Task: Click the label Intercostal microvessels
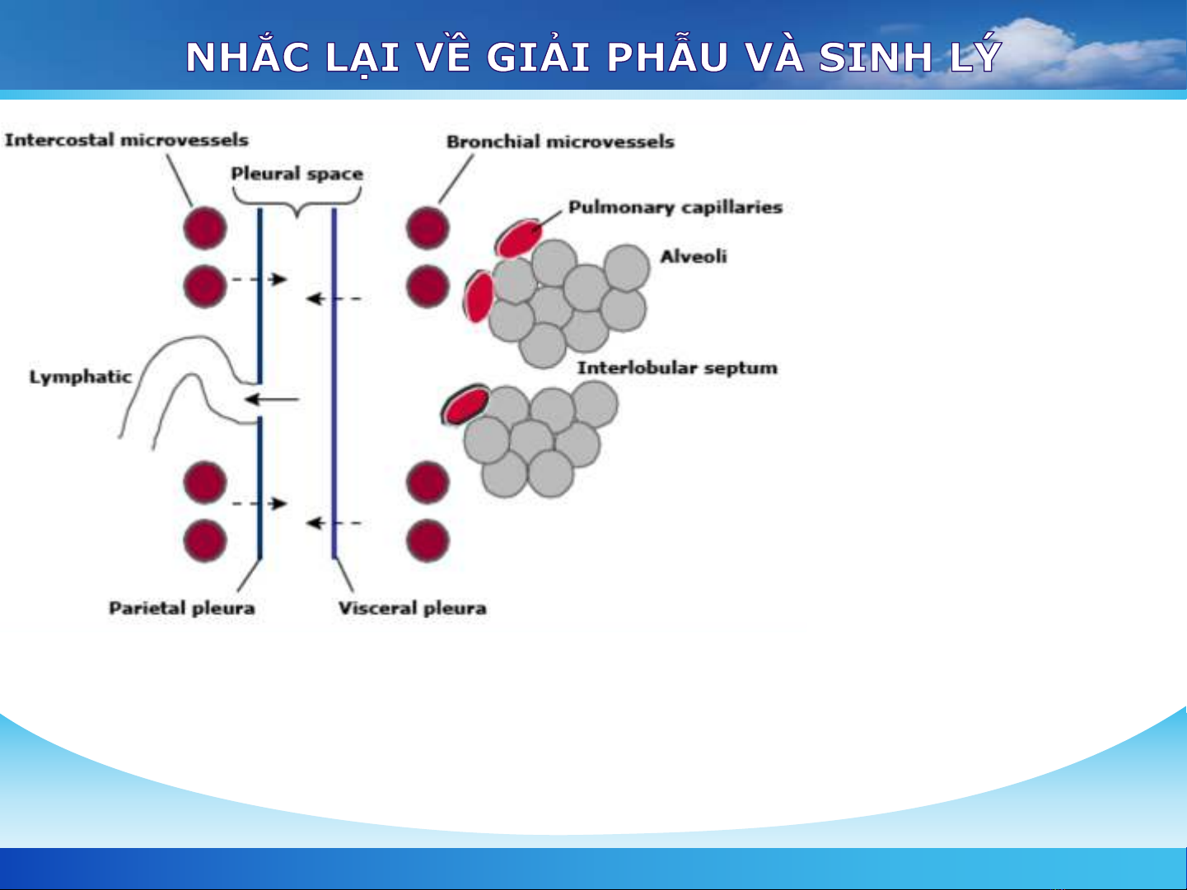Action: (127, 140)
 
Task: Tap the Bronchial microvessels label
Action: (560, 142)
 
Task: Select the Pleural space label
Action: (297, 174)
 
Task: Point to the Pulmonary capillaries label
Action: (675, 207)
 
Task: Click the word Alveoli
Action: (694, 256)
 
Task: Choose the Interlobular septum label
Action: (678, 368)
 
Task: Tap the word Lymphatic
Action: (81, 376)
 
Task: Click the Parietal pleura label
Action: (182, 608)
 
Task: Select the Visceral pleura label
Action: (412, 608)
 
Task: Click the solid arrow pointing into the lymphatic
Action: (272, 400)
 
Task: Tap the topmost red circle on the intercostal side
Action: (205, 228)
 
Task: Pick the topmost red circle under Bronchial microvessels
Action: (428, 228)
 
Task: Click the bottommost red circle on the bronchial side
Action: (428, 540)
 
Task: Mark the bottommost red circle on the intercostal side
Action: (205, 540)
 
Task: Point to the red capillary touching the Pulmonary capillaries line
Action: (519, 238)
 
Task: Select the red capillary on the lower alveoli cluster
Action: (465, 404)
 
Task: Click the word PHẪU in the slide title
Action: (667, 57)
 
